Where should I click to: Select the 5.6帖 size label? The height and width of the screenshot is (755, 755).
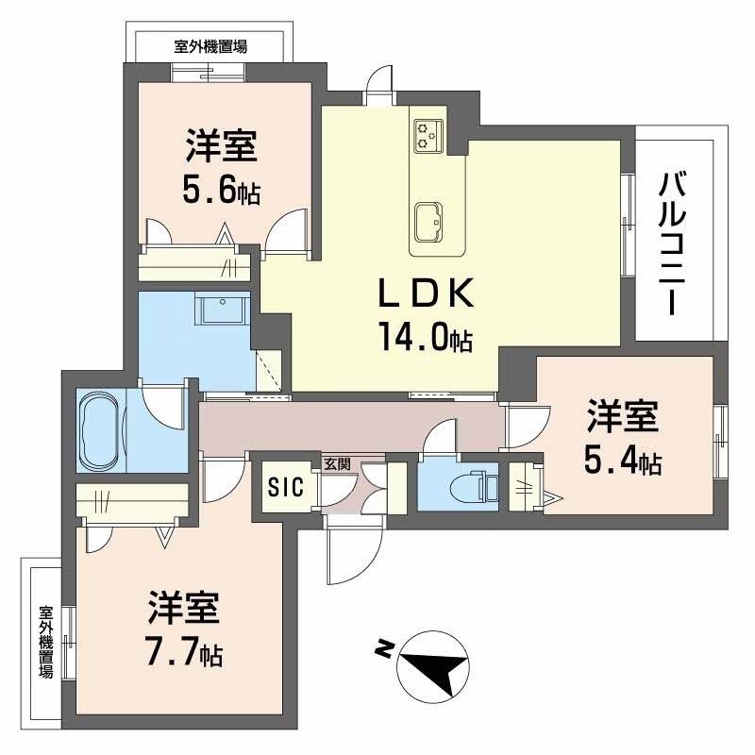coord(221,192)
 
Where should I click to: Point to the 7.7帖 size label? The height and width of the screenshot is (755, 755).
coord(184,651)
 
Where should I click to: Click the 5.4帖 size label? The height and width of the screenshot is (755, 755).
coord(622,461)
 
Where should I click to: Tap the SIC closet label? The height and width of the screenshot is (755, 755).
coord(285,487)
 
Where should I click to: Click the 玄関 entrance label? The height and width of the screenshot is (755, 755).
coord(336,464)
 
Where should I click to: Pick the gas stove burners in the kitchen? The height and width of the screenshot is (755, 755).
coord(427,134)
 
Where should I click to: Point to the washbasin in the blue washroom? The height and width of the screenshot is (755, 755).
coord(222,308)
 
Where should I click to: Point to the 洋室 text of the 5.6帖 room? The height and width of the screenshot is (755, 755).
coord(221,149)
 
